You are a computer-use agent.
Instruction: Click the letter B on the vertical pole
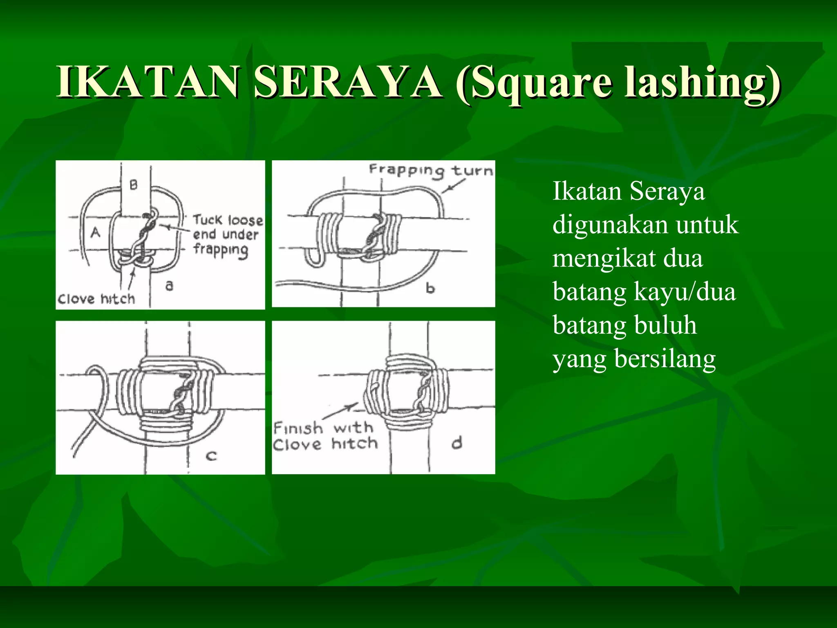click(134, 185)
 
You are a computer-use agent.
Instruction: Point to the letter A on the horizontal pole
click(95, 232)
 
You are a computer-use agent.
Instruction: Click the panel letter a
click(170, 285)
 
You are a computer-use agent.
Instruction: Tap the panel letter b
click(430, 288)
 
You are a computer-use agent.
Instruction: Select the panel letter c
click(211, 455)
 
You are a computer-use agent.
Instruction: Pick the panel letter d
click(457, 442)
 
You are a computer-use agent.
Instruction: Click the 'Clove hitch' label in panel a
click(96, 299)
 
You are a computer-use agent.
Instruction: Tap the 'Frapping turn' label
click(431, 170)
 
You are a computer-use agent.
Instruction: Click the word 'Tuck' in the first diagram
click(207, 220)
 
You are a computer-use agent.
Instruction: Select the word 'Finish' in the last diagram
click(298, 428)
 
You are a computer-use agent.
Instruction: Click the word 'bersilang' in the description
click(665, 359)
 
